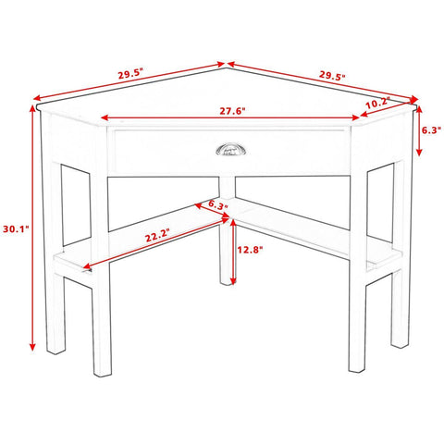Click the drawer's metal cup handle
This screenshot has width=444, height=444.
(228, 150)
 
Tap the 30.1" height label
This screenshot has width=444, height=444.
(16, 228)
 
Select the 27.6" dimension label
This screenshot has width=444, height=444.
(232, 111)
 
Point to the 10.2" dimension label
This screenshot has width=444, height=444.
(377, 103)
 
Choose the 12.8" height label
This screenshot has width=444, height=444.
(250, 250)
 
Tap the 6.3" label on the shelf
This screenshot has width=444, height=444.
(217, 204)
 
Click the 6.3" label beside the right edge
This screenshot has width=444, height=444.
(431, 130)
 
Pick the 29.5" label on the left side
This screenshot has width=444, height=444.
(131, 74)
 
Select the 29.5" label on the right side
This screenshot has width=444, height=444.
(332, 76)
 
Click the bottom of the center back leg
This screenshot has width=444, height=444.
(228, 282)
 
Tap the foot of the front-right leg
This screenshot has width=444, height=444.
(357, 369)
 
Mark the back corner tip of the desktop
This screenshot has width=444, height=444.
(227, 68)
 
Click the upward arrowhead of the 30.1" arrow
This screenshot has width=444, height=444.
(32, 108)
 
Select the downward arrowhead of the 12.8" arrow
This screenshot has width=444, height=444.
(233, 280)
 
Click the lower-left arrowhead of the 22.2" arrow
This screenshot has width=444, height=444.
(87, 265)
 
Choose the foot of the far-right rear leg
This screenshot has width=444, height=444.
(401, 345)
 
